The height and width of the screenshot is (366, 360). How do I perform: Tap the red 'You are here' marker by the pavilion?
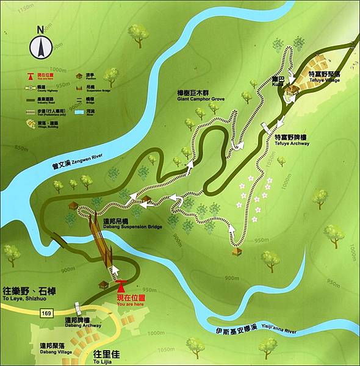tap(121, 285)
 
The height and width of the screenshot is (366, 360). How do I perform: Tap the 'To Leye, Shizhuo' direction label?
tap(37, 297)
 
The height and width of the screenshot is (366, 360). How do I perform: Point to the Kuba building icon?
tap(293, 90)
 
